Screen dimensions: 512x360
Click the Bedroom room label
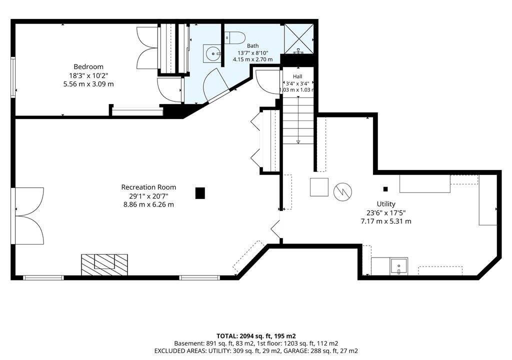click(88, 67)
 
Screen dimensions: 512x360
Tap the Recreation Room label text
click(148, 187)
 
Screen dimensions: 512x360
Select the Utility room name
click(386, 204)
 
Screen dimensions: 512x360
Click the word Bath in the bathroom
click(252, 46)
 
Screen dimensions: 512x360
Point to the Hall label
click(297, 76)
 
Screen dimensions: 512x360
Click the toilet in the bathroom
click(235, 37)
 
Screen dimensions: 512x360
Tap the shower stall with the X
click(299, 39)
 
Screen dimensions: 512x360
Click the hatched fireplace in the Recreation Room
click(104, 265)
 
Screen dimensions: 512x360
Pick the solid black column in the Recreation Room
click(200, 193)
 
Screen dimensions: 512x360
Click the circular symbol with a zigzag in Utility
click(342, 192)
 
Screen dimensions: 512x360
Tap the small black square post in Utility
click(385, 189)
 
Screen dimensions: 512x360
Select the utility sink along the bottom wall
click(398, 266)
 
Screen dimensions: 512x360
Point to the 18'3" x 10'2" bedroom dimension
click(88, 76)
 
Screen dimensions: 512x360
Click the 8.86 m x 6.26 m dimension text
click(148, 205)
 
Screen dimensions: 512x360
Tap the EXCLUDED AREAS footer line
click(256, 351)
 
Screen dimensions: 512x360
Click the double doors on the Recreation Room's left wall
click(28, 216)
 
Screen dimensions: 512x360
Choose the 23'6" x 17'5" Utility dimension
click(386, 213)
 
